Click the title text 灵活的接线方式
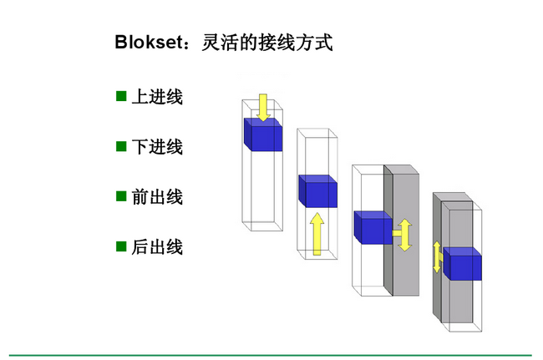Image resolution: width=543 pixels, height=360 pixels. point(267,43)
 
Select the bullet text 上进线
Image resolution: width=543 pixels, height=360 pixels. point(157,97)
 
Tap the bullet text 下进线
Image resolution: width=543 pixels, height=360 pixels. point(157,147)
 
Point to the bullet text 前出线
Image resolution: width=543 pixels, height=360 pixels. point(157,197)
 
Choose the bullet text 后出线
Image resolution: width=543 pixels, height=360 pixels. point(157,247)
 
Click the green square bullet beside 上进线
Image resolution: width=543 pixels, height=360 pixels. point(121,96)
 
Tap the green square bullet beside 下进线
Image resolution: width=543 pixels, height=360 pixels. point(121,146)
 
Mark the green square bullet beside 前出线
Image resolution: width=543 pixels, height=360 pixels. point(121,196)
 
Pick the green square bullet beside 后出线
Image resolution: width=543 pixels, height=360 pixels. point(121,246)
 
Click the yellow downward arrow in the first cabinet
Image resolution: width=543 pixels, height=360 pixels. point(262,107)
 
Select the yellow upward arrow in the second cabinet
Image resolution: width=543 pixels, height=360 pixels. point(317,233)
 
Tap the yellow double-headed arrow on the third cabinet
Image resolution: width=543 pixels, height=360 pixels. point(405,235)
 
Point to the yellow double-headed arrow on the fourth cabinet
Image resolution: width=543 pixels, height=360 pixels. point(436,256)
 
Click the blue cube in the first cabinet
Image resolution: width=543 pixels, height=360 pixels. point(262,134)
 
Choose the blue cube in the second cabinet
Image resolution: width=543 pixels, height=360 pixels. point(317,191)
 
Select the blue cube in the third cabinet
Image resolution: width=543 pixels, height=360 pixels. point(373,226)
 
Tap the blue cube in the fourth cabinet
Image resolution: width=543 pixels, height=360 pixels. point(462,264)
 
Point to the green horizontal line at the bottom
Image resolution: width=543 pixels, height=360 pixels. point(271,355)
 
